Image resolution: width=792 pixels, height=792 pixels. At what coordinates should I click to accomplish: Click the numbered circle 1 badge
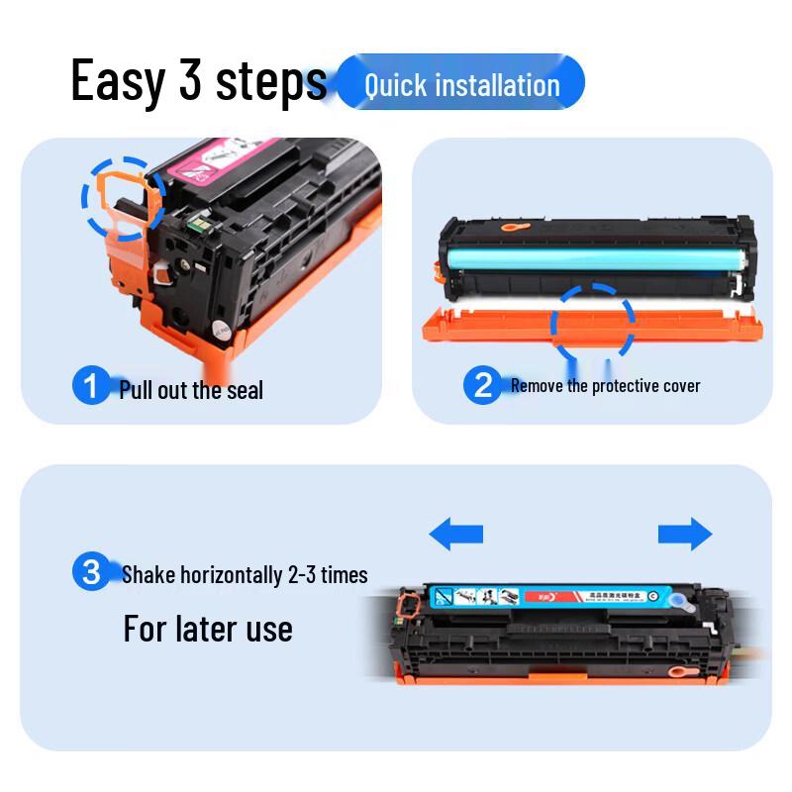pos(92,386)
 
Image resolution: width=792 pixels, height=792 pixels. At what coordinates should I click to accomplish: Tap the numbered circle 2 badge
pos(483,384)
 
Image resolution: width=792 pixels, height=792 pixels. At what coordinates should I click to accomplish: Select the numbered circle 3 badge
pos(92,572)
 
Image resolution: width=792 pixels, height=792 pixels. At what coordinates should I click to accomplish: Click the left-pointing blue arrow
pos(456,535)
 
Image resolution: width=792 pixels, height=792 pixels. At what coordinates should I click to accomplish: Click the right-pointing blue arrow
pos(685,535)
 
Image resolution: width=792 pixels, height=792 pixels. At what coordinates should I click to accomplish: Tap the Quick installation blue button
pos(461,83)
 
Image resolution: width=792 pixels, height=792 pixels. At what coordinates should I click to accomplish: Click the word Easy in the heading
pos(117,81)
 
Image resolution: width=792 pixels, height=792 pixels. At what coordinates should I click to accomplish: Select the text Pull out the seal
pos(191,390)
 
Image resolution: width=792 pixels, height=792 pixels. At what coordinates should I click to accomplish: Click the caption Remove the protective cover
pos(605,386)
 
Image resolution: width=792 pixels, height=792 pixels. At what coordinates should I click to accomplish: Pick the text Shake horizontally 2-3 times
pos(245,574)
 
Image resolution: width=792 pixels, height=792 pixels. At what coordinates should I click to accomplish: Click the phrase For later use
pos(208,629)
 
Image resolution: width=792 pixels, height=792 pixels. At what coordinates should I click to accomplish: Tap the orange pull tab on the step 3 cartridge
pos(406,603)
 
